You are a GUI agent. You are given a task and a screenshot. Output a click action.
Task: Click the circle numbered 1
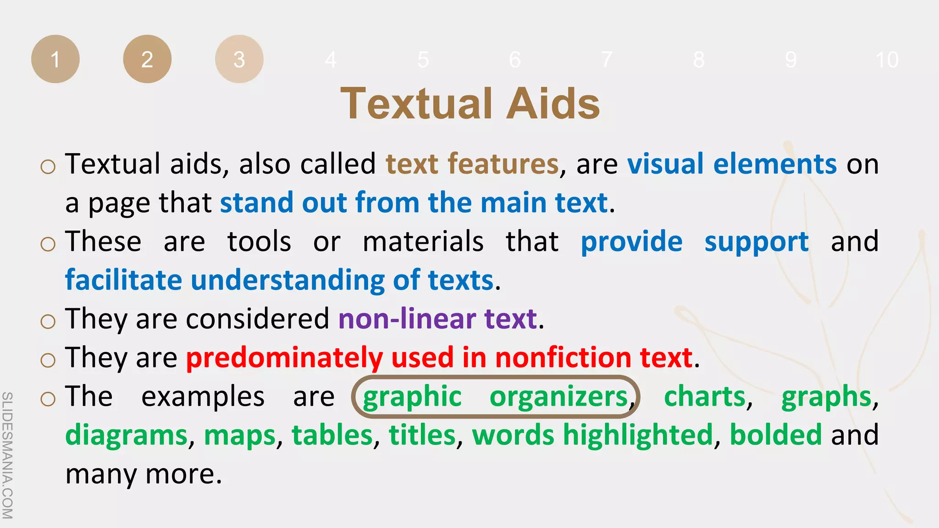55,59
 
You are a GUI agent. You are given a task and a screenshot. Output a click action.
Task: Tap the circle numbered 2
147,59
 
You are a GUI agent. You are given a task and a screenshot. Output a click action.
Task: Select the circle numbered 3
239,59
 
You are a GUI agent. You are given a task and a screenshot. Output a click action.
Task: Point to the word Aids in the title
553,104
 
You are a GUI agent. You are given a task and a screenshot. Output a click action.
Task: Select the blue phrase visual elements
732,164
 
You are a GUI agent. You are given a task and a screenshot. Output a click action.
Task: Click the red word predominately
284,357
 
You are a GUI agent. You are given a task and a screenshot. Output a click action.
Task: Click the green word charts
705,396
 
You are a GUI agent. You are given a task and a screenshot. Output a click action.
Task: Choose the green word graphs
826,397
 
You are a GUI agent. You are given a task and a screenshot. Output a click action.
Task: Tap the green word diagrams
127,435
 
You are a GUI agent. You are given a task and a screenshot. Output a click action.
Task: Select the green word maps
240,436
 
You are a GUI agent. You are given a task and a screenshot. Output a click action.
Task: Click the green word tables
332,435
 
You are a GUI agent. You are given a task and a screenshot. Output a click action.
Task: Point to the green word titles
422,435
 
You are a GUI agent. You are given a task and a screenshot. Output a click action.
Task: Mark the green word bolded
775,435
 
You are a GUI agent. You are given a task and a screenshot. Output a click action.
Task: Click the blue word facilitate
123,280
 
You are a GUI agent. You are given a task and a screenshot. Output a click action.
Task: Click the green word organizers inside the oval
558,397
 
